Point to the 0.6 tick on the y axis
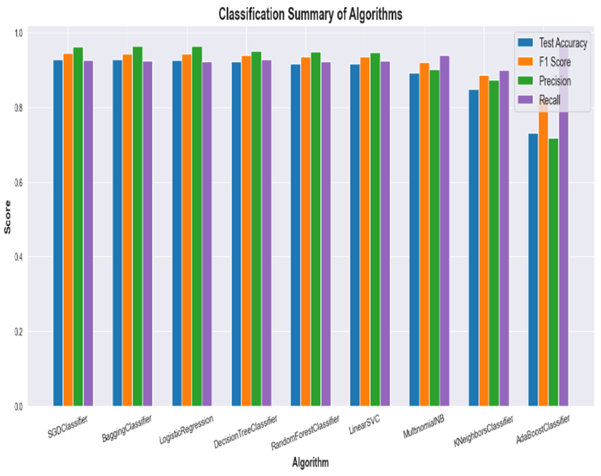pyautogui.click(x=19, y=183)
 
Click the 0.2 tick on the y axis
pyautogui.click(x=19, y=332)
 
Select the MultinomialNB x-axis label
pyautogui.click(x=421, y=428)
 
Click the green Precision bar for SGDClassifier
pyautogui.click(x=78, y=227)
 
